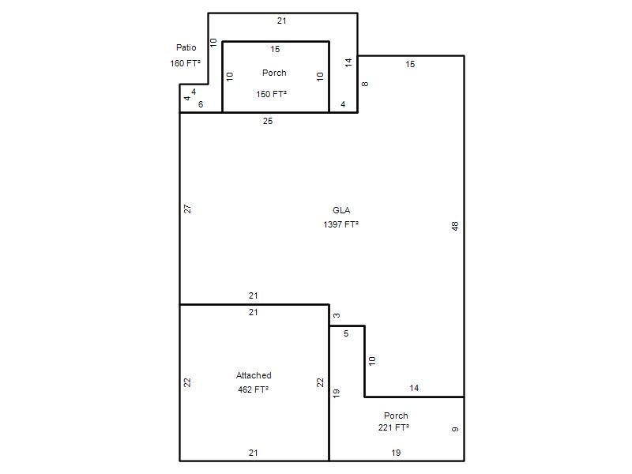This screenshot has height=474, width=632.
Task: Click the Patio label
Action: (x=186, y=47)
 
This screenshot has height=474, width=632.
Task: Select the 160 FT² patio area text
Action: (x=186, y=63)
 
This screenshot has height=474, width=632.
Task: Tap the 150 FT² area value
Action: (x=271, y=94)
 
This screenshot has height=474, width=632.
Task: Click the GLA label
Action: (x=341, y=210)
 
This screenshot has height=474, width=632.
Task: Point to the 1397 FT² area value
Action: (x=341, y=224)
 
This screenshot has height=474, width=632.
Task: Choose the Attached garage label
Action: (x=254, y=375)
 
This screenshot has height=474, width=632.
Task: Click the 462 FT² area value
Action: (x=253, y=389)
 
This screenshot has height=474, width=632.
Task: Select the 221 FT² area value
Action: (x=393, y=427)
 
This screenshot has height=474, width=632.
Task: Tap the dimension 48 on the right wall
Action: (x=455, y=226)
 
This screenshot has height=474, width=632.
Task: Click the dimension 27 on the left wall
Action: (x=187, y=209)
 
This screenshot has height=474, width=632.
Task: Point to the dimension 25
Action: (x=268, y=121)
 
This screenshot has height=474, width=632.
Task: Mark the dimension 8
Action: (x=365, y=84)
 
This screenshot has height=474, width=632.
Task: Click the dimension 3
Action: (x=337, y=315)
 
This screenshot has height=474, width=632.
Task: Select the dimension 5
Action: (x=346, y=333)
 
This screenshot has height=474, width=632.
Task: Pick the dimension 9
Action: (x=455, y=429)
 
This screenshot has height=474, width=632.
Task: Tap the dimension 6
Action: (x=201, y=104)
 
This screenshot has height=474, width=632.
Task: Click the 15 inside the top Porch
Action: (x=275, y=49)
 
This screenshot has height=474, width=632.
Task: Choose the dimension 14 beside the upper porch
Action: (x=348, y=62)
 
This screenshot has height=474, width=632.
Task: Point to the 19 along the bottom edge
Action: (x=396, y=453)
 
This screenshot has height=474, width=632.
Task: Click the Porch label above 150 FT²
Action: (x=274, y=73)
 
